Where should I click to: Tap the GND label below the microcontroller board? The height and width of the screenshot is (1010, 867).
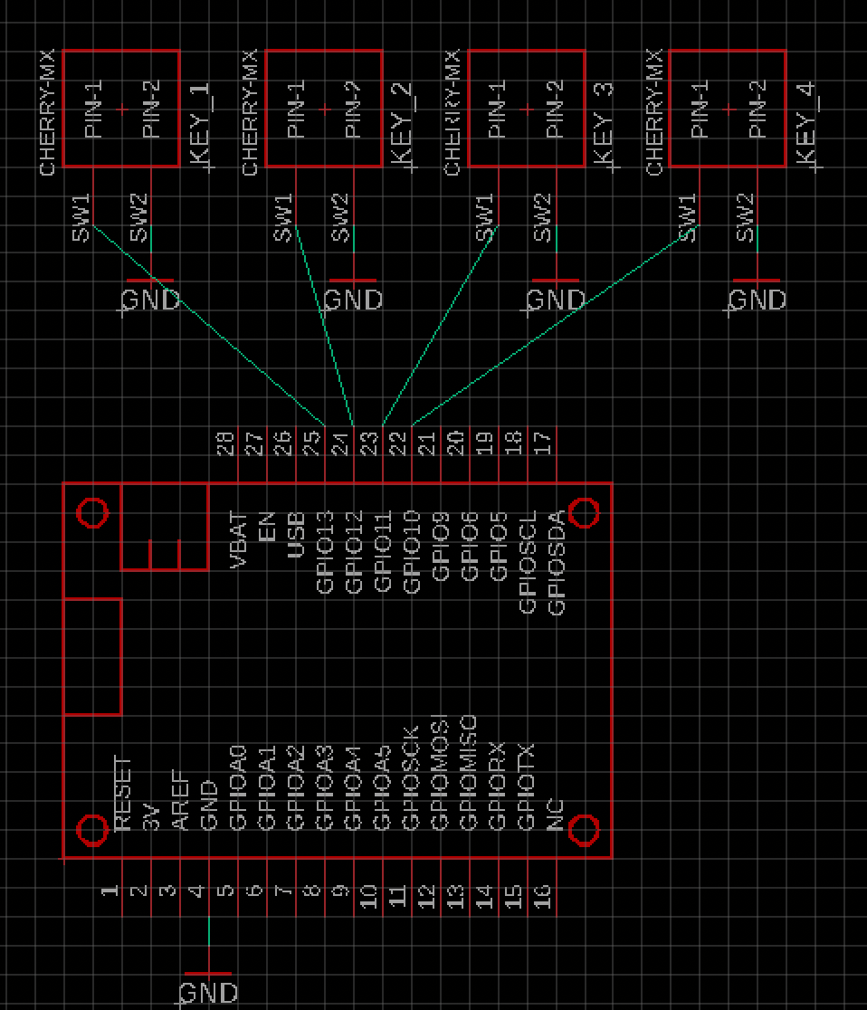(x=209, y=993)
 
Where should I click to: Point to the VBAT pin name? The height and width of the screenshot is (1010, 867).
(x=239, y=540)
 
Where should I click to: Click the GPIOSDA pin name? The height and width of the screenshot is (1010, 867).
(x=557, y=563)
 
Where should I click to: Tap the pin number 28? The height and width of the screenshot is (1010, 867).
(x=225, y=443)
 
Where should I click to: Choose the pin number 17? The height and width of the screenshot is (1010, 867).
(x=542, y=443)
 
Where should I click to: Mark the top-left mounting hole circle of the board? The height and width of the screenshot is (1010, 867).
(x=92, y=512)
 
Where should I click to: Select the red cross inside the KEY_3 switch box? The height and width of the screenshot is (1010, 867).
(x=528, y=110)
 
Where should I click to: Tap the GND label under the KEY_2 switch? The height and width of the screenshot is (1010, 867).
(x=353, y=300)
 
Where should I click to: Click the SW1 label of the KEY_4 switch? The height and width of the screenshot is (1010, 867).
(x=688, y=218)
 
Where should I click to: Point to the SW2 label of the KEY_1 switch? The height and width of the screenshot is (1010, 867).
(x=138, y=218)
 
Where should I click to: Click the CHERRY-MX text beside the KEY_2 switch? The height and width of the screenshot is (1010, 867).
(x=251, y=112)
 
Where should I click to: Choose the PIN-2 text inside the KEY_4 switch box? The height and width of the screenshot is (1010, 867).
(x=758, y=109)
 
